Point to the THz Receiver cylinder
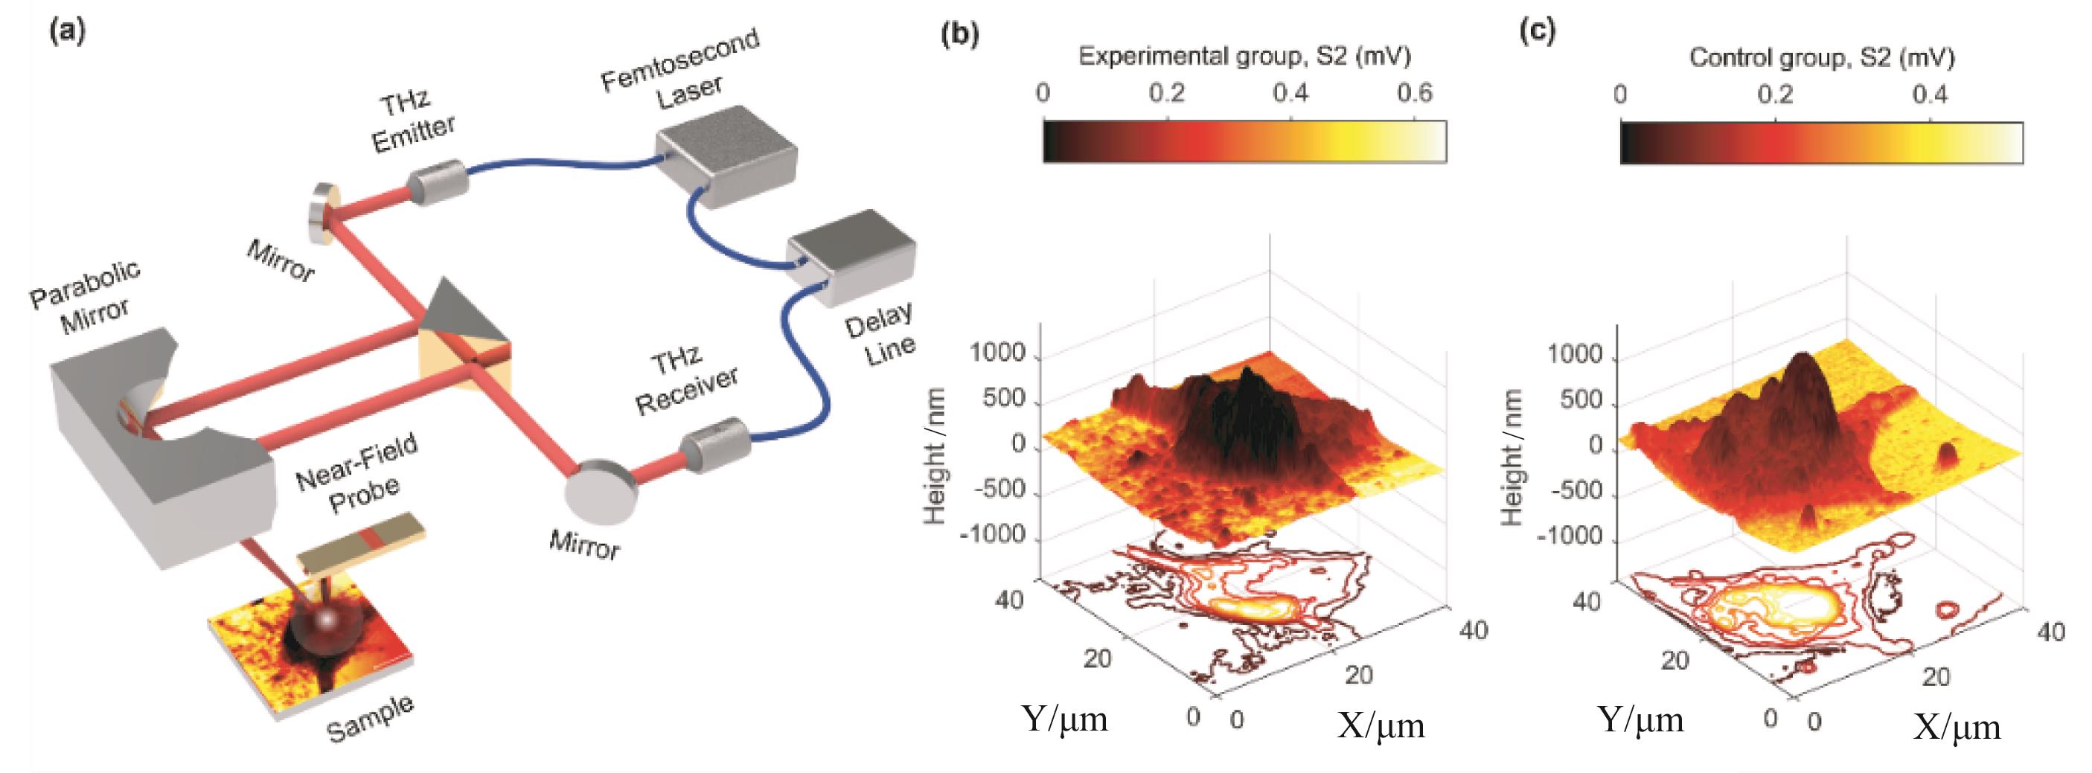714,443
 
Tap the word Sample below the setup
371,719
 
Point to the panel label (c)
1538,32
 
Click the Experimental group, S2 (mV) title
1244,56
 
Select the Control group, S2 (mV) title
1822,57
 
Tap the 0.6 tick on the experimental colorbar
1415,94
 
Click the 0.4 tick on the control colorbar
1930,95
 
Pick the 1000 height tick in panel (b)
998,354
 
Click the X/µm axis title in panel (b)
1381,725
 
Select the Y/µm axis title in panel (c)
1641,719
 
